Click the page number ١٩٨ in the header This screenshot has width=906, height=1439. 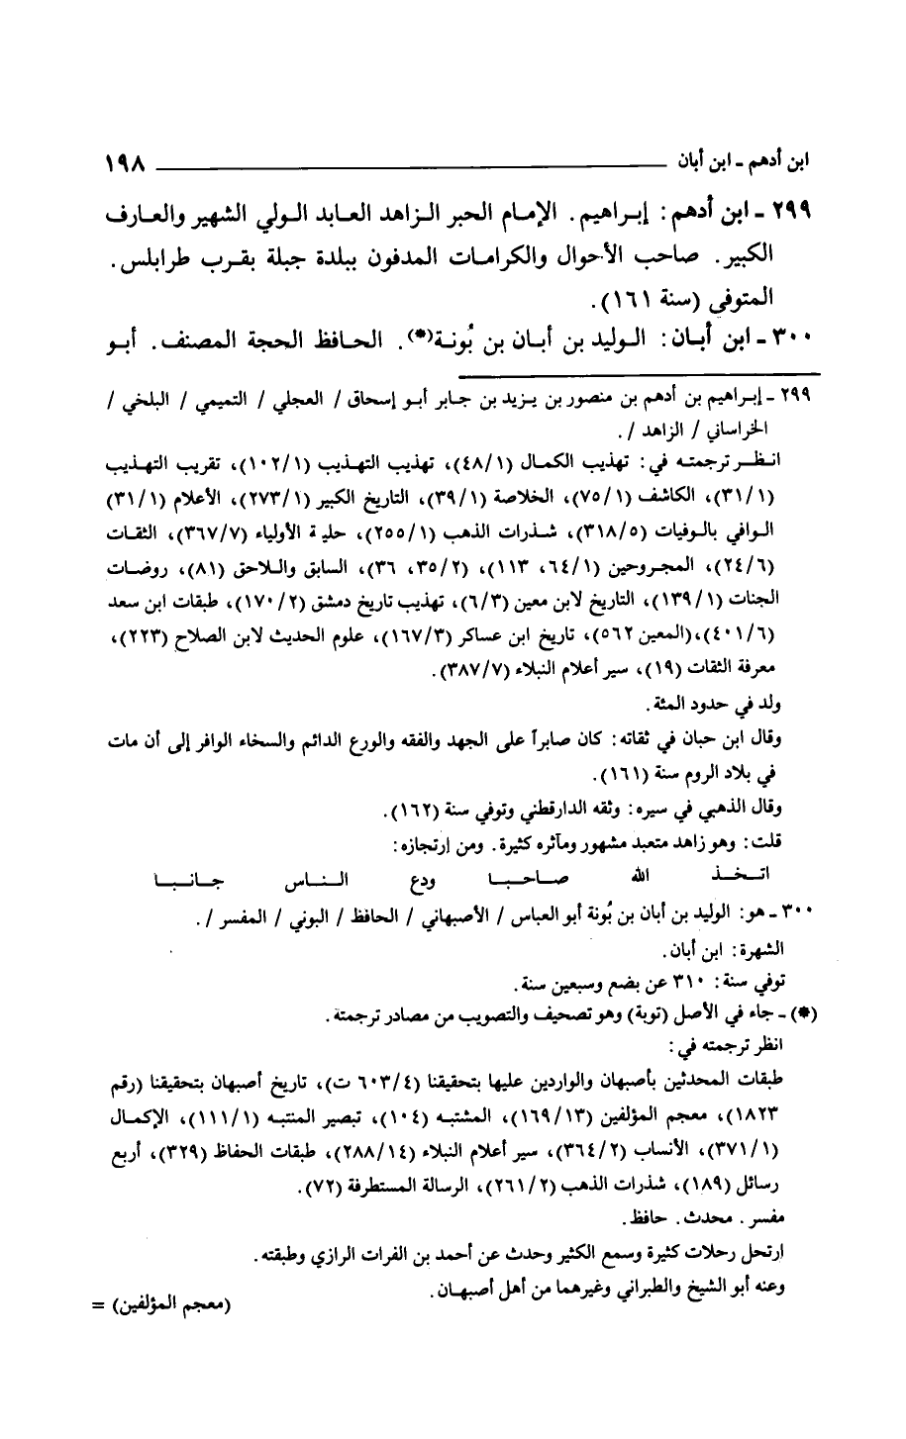point(127,159)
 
